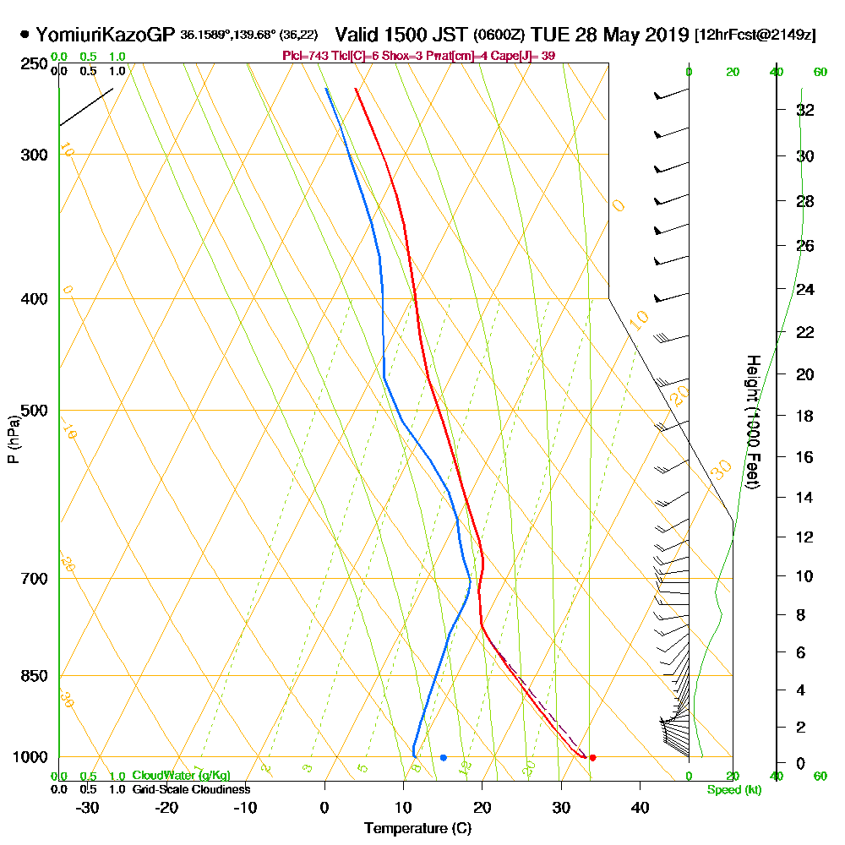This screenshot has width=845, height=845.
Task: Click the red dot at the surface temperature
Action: pyautogui.click(x=592, y=757)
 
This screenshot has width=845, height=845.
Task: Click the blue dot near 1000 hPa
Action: pyautogui.click(x=443, y=757)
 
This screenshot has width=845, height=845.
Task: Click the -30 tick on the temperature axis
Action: pyautogui.click(x=87, y=807)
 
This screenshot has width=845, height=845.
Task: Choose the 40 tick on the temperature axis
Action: pyautogui.click(x=640, y=807)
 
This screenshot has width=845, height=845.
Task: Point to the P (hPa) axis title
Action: pyautogui.click(x=13, y=439)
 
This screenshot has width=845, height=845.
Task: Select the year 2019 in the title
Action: pyautogui.click(x=663, y=35)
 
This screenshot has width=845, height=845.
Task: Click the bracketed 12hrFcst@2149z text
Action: pyautogui.click(x=755, y=35)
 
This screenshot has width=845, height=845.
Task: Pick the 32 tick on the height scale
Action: pyautogui.click(x=805, y=109)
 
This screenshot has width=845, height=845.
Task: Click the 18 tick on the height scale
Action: pyautogui.click(x=805, y=416)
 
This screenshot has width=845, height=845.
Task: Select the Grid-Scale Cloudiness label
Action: pyautogui.click(x=190, y=789)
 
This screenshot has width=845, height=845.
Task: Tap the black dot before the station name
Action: pyautogui.click(x=25, y=35)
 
